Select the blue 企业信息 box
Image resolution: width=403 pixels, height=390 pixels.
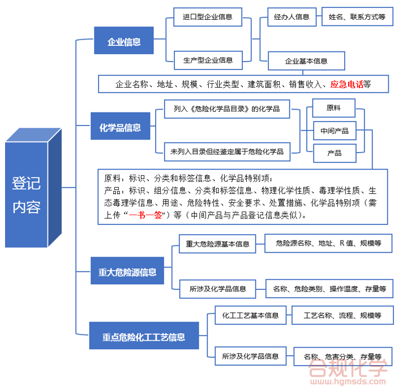[124, 41]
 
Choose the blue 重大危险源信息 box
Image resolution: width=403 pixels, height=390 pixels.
[127, 272]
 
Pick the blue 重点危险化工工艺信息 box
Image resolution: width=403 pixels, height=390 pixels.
[144, 337]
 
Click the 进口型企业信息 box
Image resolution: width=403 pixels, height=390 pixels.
[208, 17]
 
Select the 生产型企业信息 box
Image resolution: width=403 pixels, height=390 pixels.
[208, 59]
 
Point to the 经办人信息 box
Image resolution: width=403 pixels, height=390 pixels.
[291, 17]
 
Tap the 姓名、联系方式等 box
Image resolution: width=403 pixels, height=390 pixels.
[357, 17]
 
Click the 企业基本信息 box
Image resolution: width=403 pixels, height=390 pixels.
[306, 60]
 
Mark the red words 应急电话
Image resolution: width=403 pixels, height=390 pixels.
[347, 84]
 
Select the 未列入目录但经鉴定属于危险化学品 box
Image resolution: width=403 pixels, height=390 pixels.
[227, 151]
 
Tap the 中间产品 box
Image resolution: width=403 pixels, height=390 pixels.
[334, 131]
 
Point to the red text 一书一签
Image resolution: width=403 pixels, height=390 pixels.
[145, 215]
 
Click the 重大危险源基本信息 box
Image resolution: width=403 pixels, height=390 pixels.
[217, 244]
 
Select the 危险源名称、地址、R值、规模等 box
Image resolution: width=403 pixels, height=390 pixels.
[328, 244]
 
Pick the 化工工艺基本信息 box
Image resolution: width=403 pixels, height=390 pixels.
[250, 315]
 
